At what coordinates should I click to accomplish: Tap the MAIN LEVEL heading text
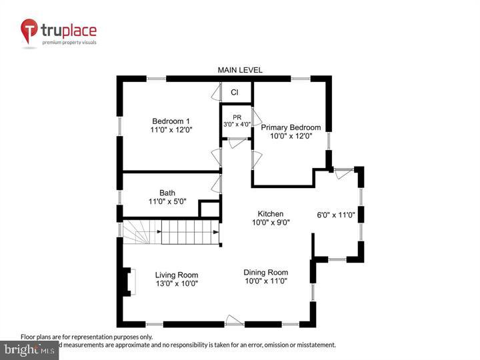point(240,70)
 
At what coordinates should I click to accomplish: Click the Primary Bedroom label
point(290,127)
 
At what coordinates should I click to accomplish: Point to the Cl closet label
point(235,93)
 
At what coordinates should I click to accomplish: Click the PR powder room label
point(237,117)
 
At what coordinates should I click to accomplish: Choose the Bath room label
point(167,193)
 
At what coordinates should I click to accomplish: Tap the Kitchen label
point(271,213)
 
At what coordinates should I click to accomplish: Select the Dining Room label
point(265,272)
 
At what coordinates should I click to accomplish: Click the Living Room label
point(177,275)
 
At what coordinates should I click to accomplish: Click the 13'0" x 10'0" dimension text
point(177,283)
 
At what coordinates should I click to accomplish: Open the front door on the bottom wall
point(235,321)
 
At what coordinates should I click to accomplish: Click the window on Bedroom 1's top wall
point(156,79)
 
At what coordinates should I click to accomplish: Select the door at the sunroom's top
point(343,173)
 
